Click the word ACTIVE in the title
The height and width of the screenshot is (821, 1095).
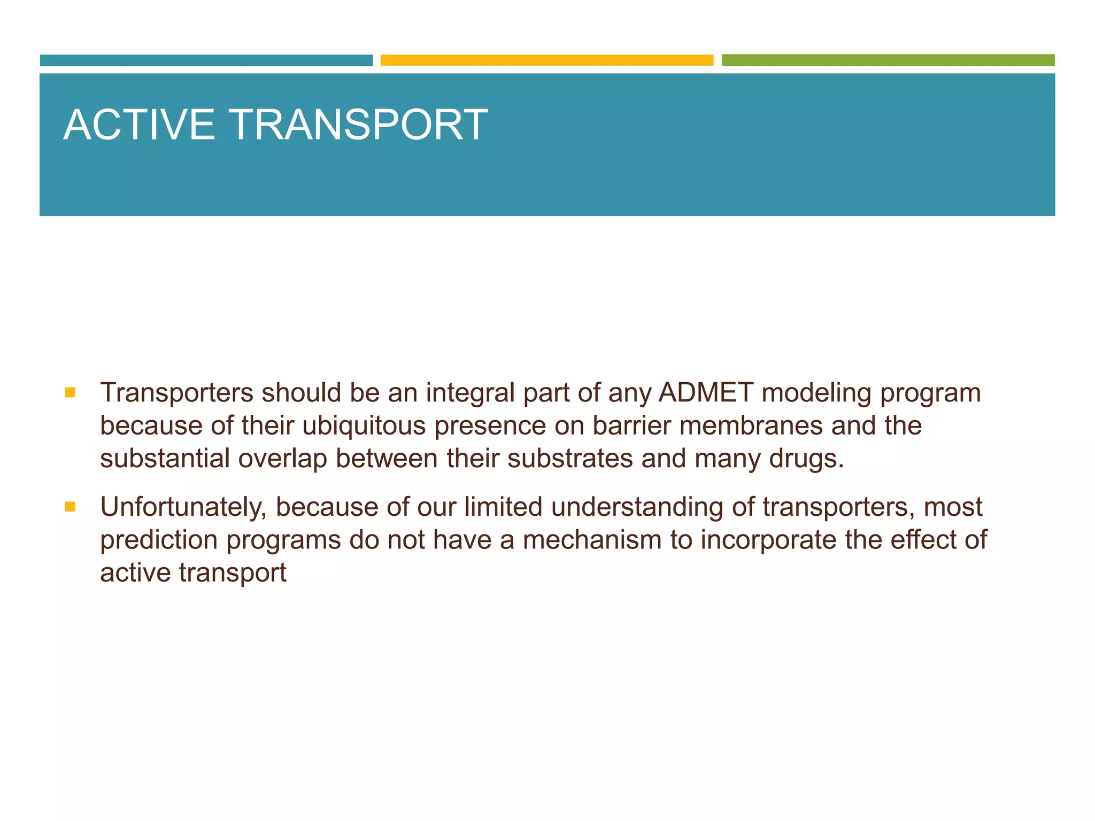pos(139,125)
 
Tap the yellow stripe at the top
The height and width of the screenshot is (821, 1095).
pos(547,60)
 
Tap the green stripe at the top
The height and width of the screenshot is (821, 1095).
pos(888,60)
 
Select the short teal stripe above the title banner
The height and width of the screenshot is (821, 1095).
pos(206,60)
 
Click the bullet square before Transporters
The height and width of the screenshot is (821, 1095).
pos(70,393)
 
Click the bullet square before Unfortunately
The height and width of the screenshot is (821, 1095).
pos(70,507)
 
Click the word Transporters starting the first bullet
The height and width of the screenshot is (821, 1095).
pos(176,393)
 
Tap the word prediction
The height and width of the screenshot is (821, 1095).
pos(159,540)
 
